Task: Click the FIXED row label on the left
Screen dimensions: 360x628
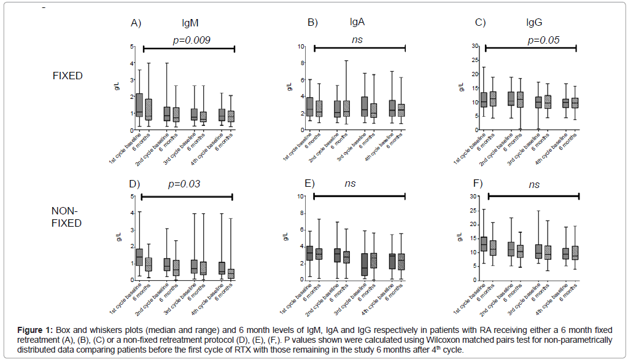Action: click(x=68, y=76)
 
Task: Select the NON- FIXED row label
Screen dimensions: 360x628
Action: click(x=67, y=217)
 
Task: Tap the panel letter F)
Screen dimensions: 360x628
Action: click(x=476, y=184)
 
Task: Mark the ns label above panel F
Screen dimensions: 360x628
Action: click(x=533, y=184)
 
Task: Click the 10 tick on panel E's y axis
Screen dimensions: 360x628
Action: click(x=302, y=197)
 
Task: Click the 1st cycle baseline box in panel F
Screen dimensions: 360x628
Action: click(x=483, y=244)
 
